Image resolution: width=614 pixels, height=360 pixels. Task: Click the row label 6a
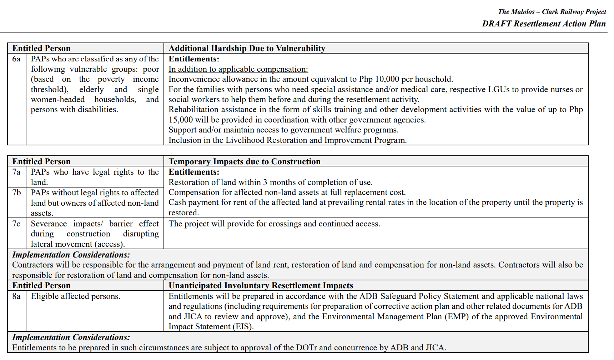[16, 59]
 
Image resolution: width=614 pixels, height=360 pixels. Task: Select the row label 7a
[16, 172]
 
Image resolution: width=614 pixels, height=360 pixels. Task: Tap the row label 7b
[16, 193]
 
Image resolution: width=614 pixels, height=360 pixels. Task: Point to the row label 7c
[16, 224]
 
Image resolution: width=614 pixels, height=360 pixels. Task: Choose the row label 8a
[16, 296]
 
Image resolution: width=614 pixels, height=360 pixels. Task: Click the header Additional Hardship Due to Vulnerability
[247, 49]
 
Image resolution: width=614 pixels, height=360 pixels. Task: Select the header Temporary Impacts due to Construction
[244, 162]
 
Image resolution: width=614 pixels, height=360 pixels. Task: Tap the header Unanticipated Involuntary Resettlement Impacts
[261, 286]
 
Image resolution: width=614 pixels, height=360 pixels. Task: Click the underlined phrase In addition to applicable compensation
[238, 69]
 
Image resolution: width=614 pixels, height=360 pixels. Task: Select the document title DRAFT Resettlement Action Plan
[544, 24]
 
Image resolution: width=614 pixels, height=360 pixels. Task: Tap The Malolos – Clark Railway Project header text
[552, 12]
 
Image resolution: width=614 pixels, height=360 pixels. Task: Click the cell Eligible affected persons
[75, 296]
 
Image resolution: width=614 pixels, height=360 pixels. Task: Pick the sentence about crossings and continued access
[274, 224]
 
